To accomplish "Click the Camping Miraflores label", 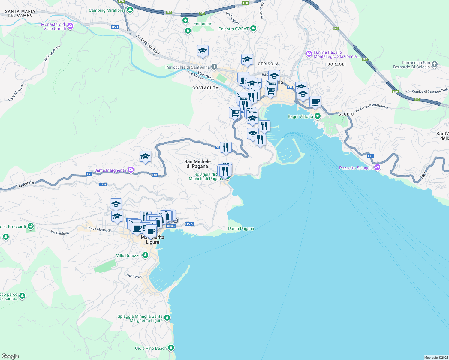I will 107,10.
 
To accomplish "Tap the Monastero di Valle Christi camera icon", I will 70,26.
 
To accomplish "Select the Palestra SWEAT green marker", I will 253,28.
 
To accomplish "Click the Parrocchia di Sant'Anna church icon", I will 214,67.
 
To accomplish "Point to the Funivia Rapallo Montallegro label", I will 336,54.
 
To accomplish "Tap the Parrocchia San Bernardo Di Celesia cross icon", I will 435,64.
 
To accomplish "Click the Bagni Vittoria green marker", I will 317,116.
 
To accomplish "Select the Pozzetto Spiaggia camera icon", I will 377,167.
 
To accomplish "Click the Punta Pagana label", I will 241,229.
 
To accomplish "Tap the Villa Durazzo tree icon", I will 145,255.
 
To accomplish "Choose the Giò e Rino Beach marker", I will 171,348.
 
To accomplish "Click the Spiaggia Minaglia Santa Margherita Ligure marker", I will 167,318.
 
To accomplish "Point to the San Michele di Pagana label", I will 197,164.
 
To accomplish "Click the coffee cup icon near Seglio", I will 315,102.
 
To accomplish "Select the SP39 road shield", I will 103,184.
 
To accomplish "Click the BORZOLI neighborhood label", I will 336,64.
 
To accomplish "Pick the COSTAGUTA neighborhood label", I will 205,88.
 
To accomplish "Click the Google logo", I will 10,356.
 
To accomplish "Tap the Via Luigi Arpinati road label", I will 147,44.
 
